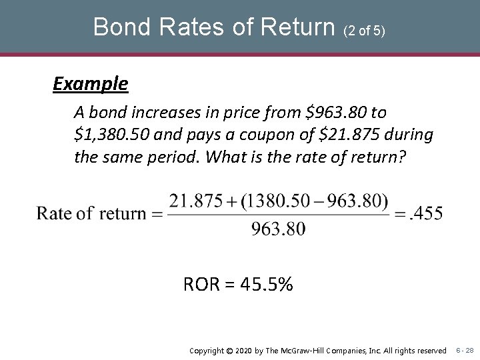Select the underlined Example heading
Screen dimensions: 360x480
pyautogui.click(x=91, y=84)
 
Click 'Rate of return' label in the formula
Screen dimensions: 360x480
pyautogui.click(x=91, y=213)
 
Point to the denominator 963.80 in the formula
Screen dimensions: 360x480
pyautogui.click(x=279, y=229)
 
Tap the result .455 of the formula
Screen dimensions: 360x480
pyautogui.click(x=427, y=213)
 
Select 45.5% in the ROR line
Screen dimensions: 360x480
pyautogui.click(x=267, y=285)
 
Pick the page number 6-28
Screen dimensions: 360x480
pyautogui.click(x=465, y=350)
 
